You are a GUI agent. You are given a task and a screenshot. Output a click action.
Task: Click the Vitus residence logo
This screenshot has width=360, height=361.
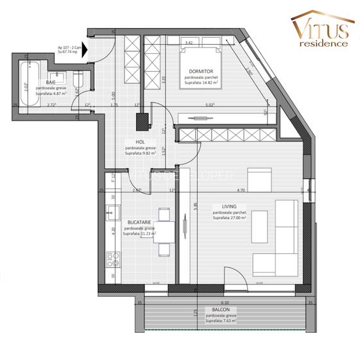[320, 31]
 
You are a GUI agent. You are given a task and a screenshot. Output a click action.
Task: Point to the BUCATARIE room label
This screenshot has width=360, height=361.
[139, 221]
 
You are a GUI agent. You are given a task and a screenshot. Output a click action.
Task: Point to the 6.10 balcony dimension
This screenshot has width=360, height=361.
[223, 302]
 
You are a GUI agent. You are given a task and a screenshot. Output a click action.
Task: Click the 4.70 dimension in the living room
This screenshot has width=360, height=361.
[241, 190]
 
